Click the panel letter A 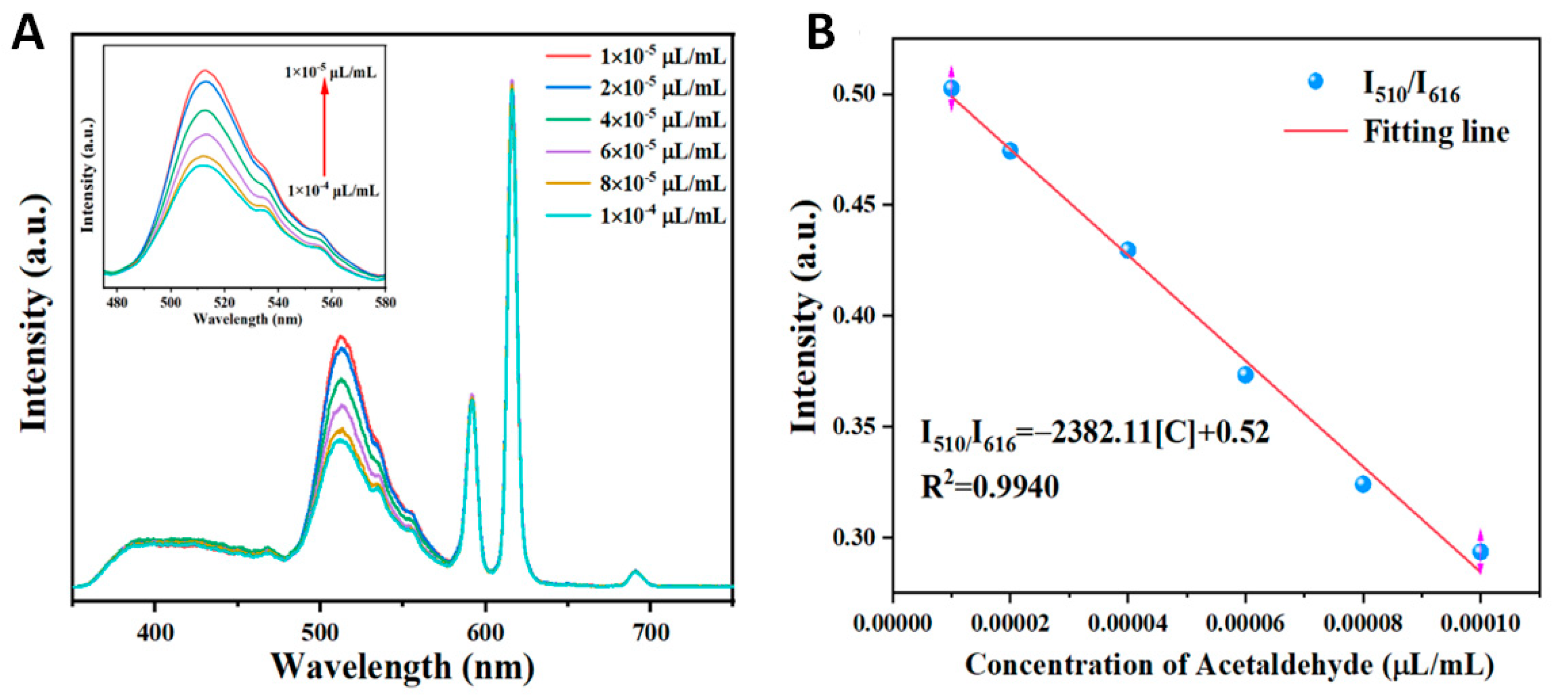click(x=27, y=33)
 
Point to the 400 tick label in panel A click(x=155, y=633)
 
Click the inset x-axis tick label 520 click(x=224, y=302)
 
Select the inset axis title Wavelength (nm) click(x=247, y=319)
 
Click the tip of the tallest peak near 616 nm click(x=512, y=82)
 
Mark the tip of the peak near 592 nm click(x=472, y=396)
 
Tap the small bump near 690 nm click(x=634, y=571)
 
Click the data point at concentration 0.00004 click(x=1127, y=250)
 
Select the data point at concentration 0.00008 click(x=1363, y=484)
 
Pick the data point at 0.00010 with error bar click(x=1480, y=551)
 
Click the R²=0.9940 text click(x=989, y=487)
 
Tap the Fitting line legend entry click(x=1436, y=131)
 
